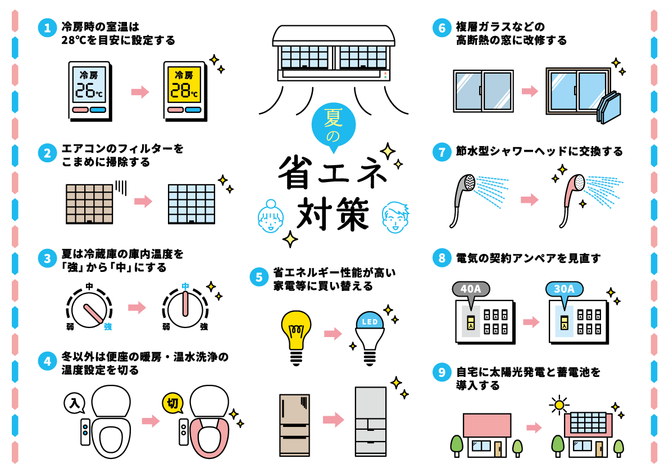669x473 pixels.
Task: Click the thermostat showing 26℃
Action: point(89,90)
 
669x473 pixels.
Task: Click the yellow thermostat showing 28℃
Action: point(184,90)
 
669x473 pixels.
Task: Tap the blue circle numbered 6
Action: point(442,28)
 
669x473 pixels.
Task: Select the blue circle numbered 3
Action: point(47,258)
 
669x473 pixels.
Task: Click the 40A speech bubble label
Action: point(471,289)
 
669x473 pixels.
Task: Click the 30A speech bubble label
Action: point(564,289)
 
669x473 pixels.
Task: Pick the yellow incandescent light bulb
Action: point(296,329)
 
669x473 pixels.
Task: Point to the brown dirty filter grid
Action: point(89,203)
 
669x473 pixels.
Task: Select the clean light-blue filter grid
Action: point(192,203)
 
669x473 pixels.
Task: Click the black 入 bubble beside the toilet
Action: point(74,403)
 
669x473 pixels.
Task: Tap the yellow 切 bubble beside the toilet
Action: point(172,403)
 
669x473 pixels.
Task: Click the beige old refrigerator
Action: point(294,424)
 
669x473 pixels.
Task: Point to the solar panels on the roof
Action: point(588,422)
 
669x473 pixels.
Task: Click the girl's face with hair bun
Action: point(271,217)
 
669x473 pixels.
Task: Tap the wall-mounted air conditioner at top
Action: point(334,53)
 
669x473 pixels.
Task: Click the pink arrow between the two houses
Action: point(534,427)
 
